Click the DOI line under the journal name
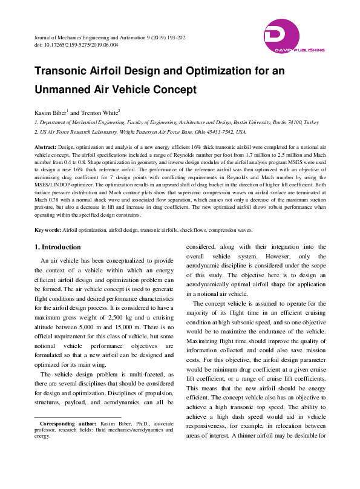[76, 45]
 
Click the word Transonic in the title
[63, 71]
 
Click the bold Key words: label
[47, 230]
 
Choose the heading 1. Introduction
[57, 247]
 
